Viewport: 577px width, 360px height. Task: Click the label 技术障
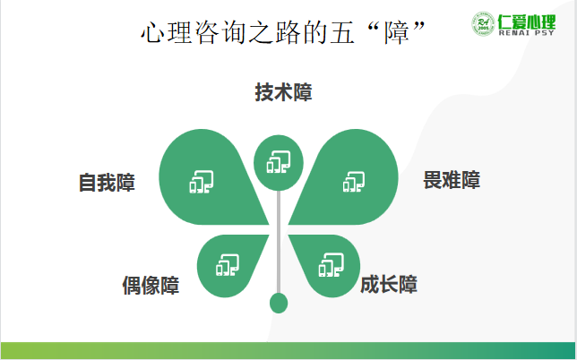coord(283,92)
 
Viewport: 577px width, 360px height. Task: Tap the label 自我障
coord(107,183)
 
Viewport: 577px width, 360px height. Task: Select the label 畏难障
coord(452,180)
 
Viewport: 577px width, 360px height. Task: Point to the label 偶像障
coord(151,286)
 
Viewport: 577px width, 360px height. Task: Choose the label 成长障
coord(389,284)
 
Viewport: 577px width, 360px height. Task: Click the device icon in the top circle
coord(279,162)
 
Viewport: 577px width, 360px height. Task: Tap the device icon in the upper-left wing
coord(202,182)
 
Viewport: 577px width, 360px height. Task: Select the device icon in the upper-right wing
coord(354,182)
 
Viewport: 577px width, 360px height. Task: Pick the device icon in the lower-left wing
coord(228,265)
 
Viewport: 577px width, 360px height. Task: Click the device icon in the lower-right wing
coord(332,265)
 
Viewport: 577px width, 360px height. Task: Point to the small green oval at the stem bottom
coord(279,303)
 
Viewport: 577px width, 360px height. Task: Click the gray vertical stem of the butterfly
coord(279,242)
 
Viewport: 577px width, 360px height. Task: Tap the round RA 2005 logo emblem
coord(483,24)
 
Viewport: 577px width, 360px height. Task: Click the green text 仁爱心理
coord(527,21)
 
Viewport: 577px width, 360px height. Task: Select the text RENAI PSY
coord(526,33)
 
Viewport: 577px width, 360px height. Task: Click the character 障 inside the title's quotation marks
coord(397,32)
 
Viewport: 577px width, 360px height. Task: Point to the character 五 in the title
coord(342,32)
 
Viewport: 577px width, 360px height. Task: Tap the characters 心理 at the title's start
coord(167,32)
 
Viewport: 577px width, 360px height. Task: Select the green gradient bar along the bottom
coord(288,351)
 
